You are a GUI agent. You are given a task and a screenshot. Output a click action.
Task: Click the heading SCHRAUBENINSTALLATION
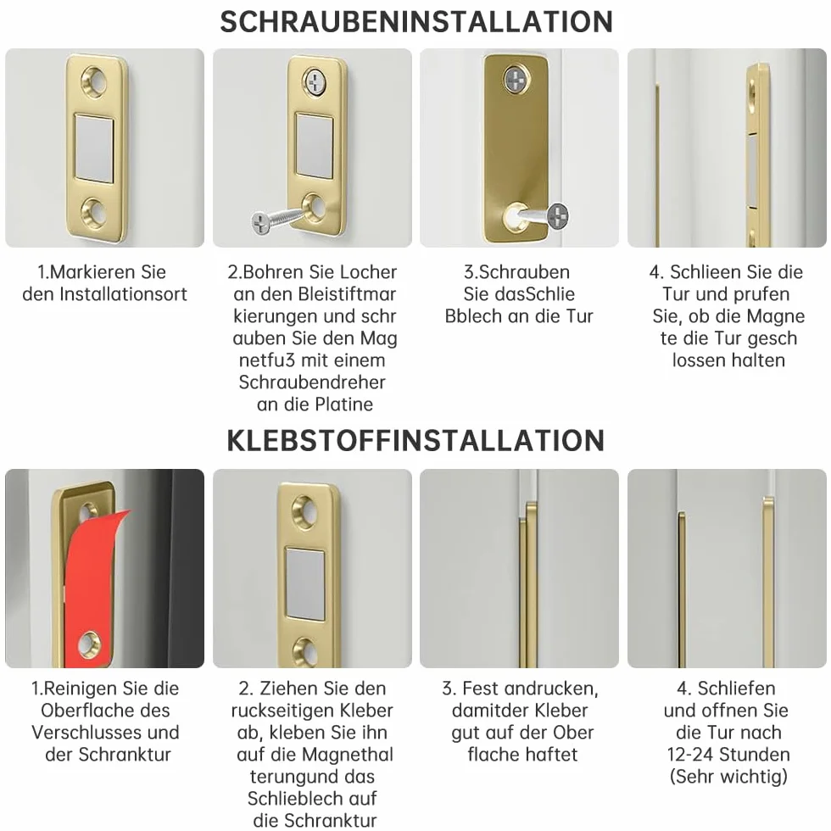(x=416, y=22)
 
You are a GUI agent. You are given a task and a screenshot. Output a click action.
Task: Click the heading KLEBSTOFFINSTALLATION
(x=415, y=440)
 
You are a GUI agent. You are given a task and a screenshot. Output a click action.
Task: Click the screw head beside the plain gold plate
(x=558, y=215)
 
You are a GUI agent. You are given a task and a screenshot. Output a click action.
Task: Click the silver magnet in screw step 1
(x=94, y=148)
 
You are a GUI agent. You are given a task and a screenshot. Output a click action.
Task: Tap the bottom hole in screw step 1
(x=94, y=213)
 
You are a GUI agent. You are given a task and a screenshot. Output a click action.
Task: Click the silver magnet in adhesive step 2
(x=305, y=584)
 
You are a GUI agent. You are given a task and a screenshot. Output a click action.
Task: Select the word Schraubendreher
(x=312, y=382)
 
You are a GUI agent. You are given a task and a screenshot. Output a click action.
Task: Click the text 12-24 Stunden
(x=728, y=754)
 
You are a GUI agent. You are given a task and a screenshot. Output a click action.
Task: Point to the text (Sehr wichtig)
(x=728, y=777)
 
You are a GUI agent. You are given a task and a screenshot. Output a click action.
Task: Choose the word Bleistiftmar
(x=347, y=294)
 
